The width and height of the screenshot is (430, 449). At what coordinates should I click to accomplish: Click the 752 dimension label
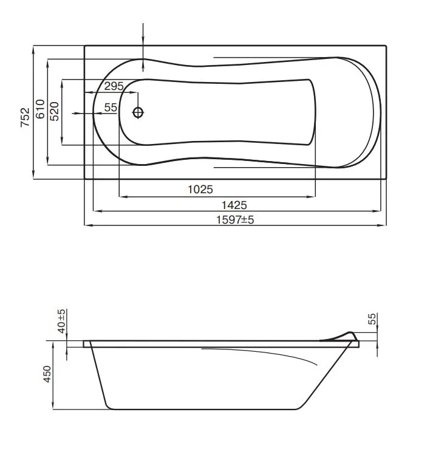(25, 117)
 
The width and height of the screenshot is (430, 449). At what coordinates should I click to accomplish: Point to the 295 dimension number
(114, 86)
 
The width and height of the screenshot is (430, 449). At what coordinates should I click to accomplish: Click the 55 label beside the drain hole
(111, 108)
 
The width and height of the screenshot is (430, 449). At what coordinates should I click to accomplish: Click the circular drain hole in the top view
(138, 112)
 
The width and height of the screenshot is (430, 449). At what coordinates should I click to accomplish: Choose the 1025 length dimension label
(200, 190)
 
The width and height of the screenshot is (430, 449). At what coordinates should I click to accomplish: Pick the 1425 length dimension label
(234, 205)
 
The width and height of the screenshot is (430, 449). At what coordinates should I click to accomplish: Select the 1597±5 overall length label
(235, 219)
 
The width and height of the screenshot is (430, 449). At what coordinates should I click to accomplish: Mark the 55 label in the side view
(372, 320)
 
